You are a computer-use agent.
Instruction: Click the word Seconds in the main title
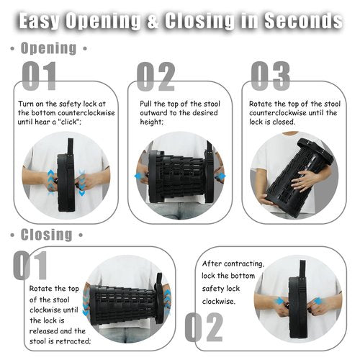coord(303,21)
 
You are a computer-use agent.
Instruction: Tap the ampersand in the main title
coord(153,21)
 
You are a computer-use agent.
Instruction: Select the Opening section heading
coord(49,48)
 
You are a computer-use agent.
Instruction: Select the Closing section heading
coord(47,235)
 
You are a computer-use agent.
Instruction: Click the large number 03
coord(271,76)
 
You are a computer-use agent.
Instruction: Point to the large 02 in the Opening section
coord(156,76)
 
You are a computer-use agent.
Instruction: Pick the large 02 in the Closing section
coord(204,327)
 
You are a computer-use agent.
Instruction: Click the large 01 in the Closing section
coord(30,265)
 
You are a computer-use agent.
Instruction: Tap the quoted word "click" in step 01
coord(69,122)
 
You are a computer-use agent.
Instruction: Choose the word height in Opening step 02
coord(151,122)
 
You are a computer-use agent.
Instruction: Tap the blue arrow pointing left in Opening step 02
coord(139,176)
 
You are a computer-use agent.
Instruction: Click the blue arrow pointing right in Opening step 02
coord(221,176)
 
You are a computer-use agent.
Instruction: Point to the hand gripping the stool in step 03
coord(303,178)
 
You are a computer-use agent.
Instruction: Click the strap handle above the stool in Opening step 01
coord(71,147)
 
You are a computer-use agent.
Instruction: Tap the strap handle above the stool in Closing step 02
coord(302,269)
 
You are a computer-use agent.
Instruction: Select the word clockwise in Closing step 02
coord(218,301)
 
